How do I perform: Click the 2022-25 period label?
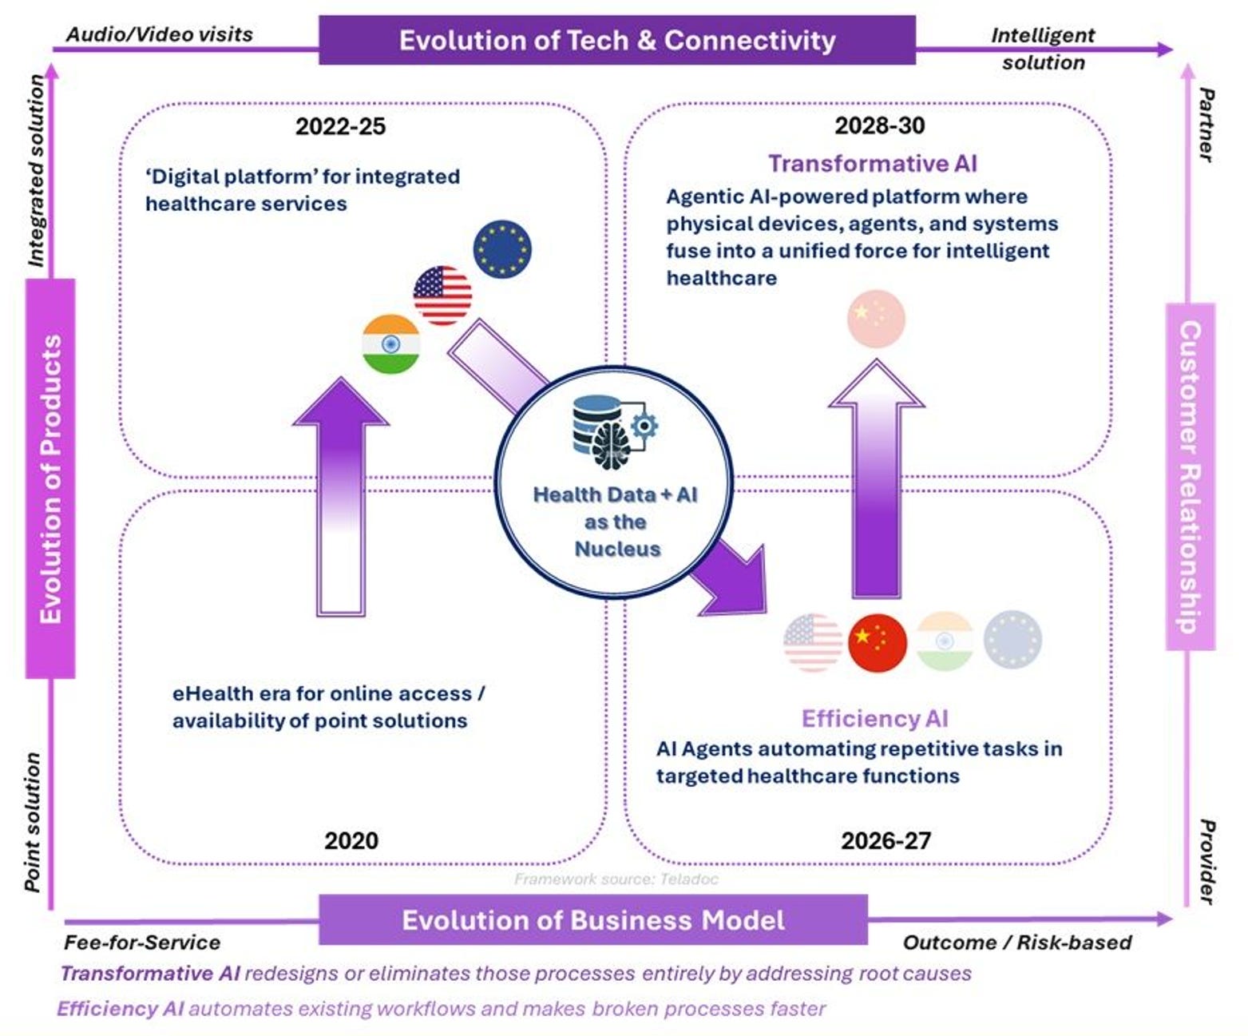point(340,126)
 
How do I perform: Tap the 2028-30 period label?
point(879,125)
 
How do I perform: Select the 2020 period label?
point(351,840)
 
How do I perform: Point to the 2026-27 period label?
point(885,840)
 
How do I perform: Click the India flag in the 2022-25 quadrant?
point(390,343)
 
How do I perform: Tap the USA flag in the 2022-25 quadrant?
point(442,295)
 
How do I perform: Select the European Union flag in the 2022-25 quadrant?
point(501,248)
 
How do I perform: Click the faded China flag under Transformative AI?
point(876,319)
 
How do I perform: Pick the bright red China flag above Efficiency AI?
point(878,641)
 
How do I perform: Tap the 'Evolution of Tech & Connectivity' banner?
point(616,40)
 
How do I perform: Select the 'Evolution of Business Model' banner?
point(592,920)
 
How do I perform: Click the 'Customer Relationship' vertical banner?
point(1190,476)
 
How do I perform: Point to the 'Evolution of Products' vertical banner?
point(50,478)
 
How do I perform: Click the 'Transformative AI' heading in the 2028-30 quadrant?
point(872,164)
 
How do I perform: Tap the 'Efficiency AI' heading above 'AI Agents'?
point(874,719)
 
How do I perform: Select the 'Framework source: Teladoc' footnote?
point(616,879)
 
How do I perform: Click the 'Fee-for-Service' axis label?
point(142,943)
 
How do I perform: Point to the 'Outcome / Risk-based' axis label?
point(1016,943)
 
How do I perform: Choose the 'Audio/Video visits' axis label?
point(159,34)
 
